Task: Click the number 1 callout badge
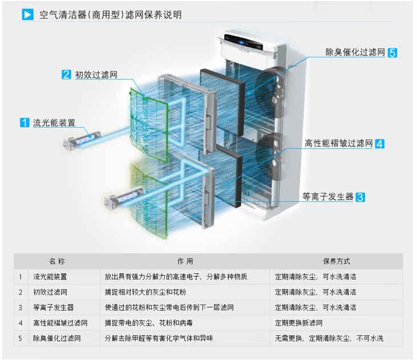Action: [x=25, y=122]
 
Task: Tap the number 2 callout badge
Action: [x=67, y=74]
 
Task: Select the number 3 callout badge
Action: [x=360, y=197]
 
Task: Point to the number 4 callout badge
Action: [x=379, y=144]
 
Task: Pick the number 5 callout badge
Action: [x=392, y=52]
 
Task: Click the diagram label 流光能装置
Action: [x=54, y=122]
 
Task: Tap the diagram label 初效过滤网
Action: [x=96, y=74]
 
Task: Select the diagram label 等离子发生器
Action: [x=327, y=197]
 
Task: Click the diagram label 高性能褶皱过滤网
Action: [x=338, y=144]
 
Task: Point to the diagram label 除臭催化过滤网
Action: [x=355, y=52]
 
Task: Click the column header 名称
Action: [x=57, y=261]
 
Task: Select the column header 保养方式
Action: [x=337, y=261]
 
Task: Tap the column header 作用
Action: [x=185, y=261]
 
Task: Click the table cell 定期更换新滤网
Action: [x=302, y=323]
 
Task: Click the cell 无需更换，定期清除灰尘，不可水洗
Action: [x=329, y=338]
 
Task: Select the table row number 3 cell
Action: [x=20, y=308]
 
